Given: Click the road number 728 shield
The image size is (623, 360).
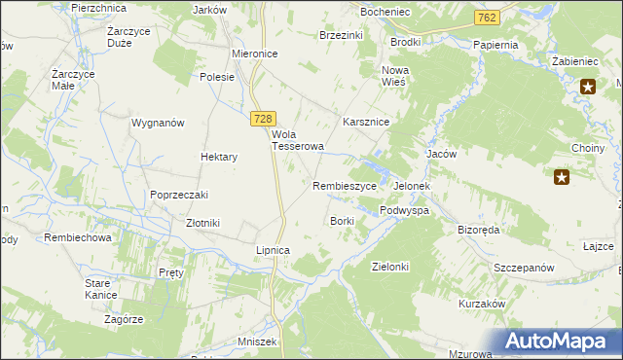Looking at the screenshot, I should [x=261, y=118].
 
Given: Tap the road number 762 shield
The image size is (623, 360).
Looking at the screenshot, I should [x=488, y=18].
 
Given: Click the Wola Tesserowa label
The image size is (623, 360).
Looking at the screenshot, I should [x=297, y=140].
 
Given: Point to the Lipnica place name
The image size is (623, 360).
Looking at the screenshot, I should [x=273, y=250].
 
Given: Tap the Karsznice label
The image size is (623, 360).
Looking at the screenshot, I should [x=366, y=123].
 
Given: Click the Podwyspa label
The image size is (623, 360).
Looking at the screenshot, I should [x=405, y=210].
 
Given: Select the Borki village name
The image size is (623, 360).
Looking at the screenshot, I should [x=342, y=221].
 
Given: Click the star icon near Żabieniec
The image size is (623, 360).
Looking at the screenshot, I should [x=588, y=88].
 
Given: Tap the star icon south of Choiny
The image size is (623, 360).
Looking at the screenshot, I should [x=562, y=177].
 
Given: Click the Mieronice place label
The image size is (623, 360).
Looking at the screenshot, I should [x=255, y=54].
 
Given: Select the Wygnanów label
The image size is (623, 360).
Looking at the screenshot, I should [x=158, y=124].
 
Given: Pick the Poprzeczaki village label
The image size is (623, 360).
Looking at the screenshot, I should [x=179, y=194].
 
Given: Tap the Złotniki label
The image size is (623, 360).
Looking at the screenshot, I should [x=202, y=223].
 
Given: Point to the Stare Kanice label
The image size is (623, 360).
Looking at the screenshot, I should [x=100, y=288].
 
